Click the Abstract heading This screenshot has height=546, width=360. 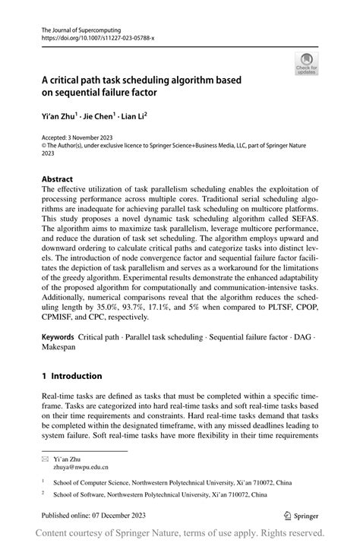(58, 179)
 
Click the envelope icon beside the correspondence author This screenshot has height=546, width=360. (46, 459)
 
